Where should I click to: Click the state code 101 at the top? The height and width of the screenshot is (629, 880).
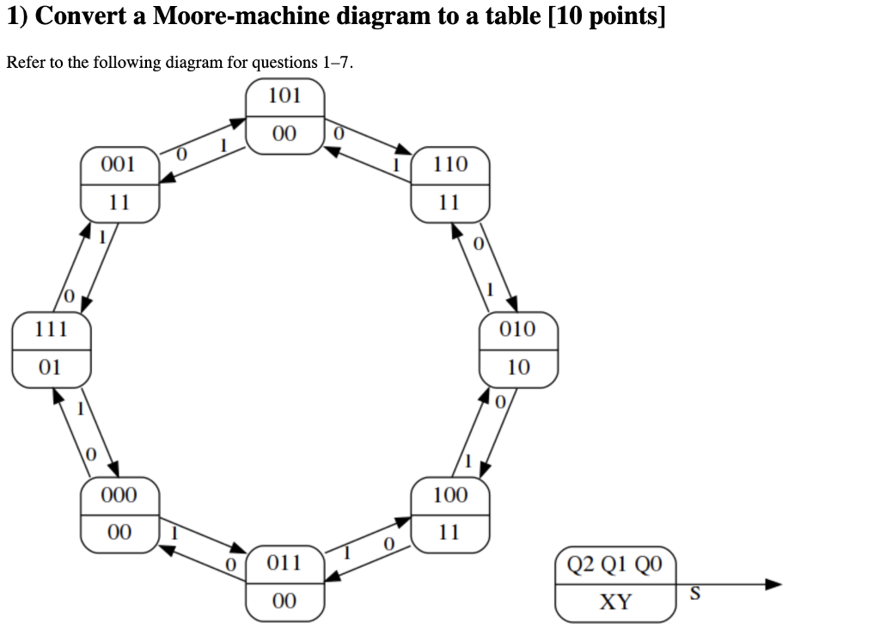tap(284, 95)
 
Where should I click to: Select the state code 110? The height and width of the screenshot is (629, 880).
tap(450, 164)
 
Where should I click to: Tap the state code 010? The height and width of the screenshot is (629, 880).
tap(517, 329)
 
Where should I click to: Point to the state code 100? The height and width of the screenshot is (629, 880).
tap(450, 495)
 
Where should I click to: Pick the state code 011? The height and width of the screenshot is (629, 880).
tap(284, 564)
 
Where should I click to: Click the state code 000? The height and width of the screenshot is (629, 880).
tap(119, 495)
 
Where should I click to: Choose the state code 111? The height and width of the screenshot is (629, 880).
tap(51, 329)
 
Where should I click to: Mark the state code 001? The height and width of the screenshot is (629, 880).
tap(119, 164)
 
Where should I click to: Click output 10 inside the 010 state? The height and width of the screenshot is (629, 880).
tap(518, 368)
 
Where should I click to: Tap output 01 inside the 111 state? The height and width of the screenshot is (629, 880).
tap(51, 368)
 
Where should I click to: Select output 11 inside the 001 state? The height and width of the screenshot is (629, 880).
tap(119, 203)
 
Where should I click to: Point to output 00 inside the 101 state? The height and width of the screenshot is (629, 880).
tap(284, 134)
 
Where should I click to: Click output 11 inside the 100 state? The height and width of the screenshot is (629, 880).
tap(449, 533)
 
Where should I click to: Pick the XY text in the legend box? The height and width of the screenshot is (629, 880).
tap(615, 602)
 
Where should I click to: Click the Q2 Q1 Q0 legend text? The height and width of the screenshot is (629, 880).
tap(615, 565)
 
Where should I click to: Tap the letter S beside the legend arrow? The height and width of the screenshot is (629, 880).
tap(695, 593)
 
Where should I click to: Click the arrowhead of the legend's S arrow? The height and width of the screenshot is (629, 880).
tap(774, 584)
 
